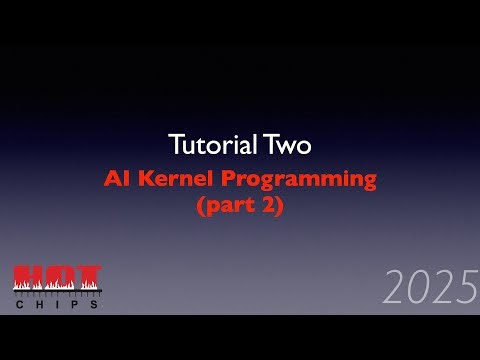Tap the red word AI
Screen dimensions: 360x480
118,181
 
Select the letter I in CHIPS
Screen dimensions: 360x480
57,304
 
